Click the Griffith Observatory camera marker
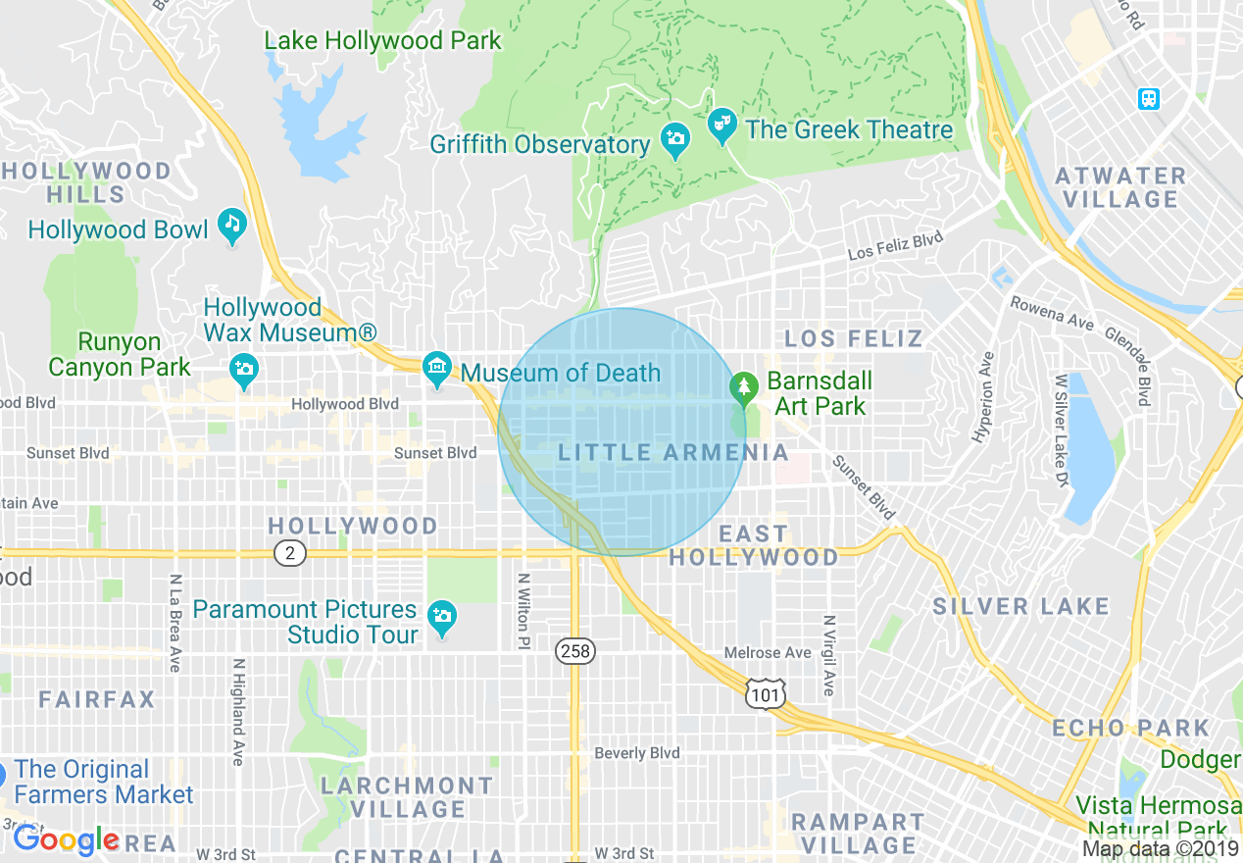(x=674, y=139)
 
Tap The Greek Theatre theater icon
(x=722, y=126)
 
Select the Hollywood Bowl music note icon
(x=232, y=225)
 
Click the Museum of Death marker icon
(x=437, y=369)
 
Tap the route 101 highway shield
(x=765, y=692)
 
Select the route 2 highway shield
(x=289, y=553)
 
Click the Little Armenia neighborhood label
(x=673, y=452)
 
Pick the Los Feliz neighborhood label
(x=854, y=339)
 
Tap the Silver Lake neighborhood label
(x=1020, y=606)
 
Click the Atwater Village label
(x=1119, y=187)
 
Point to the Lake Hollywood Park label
(x=382, y=41)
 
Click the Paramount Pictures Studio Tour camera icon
(x=443, y=616)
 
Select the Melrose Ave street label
(x=768, y=653)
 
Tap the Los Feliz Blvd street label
(x=895, y=245)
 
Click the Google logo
(x=66, y=839)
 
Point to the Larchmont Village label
(x=407, y=797)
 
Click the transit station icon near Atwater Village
(x=1149, y=99)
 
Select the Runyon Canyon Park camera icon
(x=243, y=369)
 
